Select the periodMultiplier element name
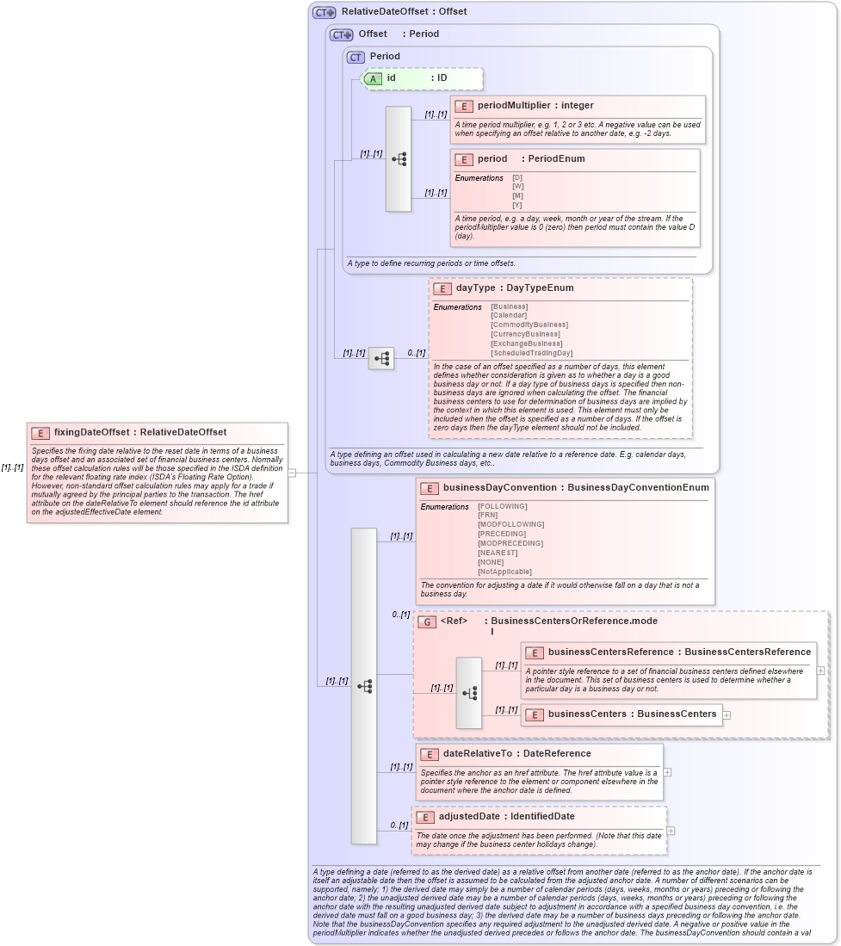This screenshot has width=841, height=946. click(514, 106)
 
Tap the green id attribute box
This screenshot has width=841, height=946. click(422, 78)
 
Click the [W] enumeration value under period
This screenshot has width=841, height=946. click(517, 187)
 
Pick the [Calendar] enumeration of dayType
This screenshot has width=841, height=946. click(509, 316)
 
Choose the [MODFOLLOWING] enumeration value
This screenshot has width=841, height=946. click(510, 524)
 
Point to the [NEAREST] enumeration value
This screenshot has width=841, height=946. click(498, 553)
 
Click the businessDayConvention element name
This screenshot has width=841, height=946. click(499, 488)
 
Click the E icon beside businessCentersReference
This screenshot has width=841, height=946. click(534, 652)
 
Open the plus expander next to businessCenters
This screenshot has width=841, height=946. click(727, 714)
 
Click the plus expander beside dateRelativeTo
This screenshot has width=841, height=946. click(667, 772)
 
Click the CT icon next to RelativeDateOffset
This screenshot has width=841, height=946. click(325, 13)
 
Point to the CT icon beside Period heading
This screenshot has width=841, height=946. click(356, 57)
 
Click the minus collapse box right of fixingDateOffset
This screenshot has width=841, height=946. click(292, 473)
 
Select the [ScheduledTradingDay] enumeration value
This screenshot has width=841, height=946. click(531, 353)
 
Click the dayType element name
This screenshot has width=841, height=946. click(475, 288)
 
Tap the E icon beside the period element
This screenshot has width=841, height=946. click(464, 159)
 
